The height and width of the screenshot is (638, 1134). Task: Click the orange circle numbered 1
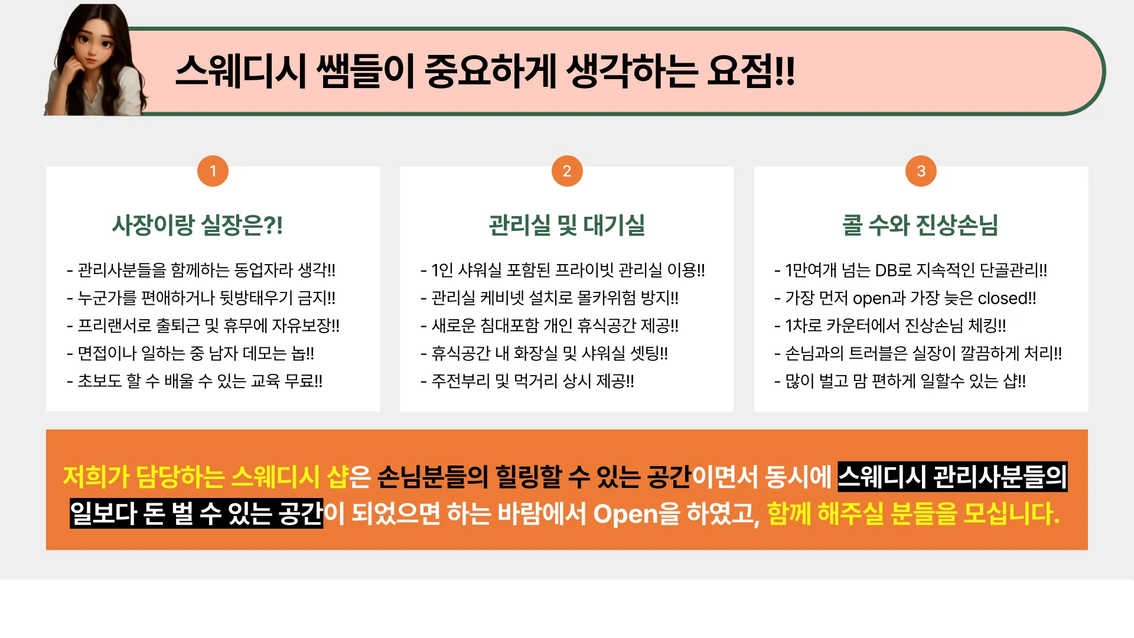213,171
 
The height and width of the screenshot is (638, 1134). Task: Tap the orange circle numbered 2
567,171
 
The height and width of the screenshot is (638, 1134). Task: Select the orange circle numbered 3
921,171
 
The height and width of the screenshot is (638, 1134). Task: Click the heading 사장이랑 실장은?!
198,225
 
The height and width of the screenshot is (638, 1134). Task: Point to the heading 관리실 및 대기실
567,225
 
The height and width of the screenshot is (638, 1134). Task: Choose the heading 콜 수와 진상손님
920,225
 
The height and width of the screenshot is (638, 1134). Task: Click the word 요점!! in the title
751,71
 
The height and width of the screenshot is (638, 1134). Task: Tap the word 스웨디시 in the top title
241,71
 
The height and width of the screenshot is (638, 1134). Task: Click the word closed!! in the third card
1007,298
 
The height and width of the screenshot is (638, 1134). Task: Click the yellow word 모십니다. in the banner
1011,513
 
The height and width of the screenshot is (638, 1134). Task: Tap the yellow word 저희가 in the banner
96,477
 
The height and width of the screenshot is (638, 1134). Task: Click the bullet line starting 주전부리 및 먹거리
527,382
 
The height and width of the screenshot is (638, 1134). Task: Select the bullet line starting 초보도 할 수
195,382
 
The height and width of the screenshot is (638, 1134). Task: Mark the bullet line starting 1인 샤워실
563,271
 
